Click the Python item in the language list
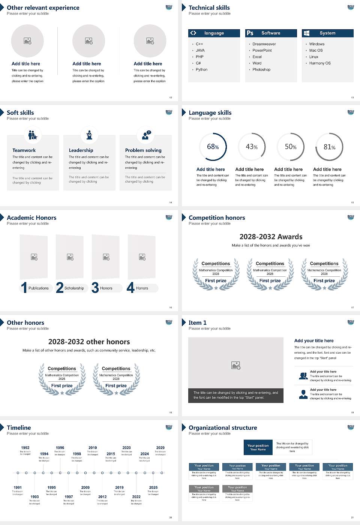[201, 70]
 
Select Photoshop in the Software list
[261, 70]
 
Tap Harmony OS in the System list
[320, 63]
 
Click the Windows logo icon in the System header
[307, 33]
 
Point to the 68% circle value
[213, 147]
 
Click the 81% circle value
[329, 147]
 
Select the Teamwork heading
[24, 150]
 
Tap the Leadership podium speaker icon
[89, 135]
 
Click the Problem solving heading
[143, 150]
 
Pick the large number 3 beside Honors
[95, 288]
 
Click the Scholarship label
[74, 288]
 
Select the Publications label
[39, 288]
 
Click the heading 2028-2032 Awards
[271, 237]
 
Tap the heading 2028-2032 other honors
[89, 342]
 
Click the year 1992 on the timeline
[25, 448]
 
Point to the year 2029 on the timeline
[160, 448]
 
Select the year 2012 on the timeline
[102, 497]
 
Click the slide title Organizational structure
[223, 428]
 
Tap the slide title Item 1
[197, 323]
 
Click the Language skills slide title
[210, 113]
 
